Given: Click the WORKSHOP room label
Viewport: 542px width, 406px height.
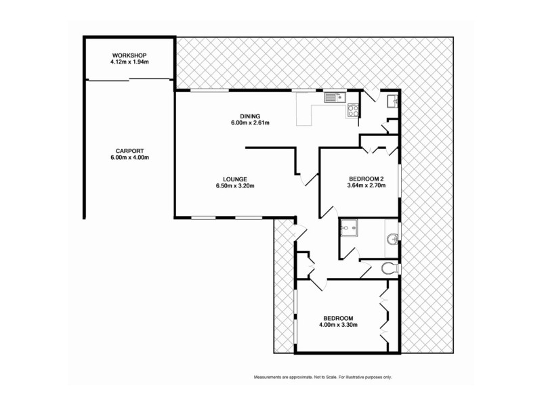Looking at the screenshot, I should click(x=129, y=55).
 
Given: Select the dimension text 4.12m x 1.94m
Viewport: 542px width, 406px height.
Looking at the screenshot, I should click(x=129, y=63).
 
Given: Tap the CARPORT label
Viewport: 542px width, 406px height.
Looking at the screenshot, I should click(x=129, y=151).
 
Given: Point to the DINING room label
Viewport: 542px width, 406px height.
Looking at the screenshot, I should click(x=241, y=116).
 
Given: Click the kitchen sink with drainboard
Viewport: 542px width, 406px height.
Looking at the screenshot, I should click(x=334, y=97).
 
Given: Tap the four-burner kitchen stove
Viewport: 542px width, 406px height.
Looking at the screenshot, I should click(x=353, y=110).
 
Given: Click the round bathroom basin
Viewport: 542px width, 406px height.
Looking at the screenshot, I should click(x=392, y=239).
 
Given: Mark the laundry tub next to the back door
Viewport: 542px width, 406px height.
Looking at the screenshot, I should click(x=391, y=101).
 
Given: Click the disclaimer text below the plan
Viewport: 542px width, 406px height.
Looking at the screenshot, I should click(x=322, y=377).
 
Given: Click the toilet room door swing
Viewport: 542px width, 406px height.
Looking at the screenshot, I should click(x=366, y=271).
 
